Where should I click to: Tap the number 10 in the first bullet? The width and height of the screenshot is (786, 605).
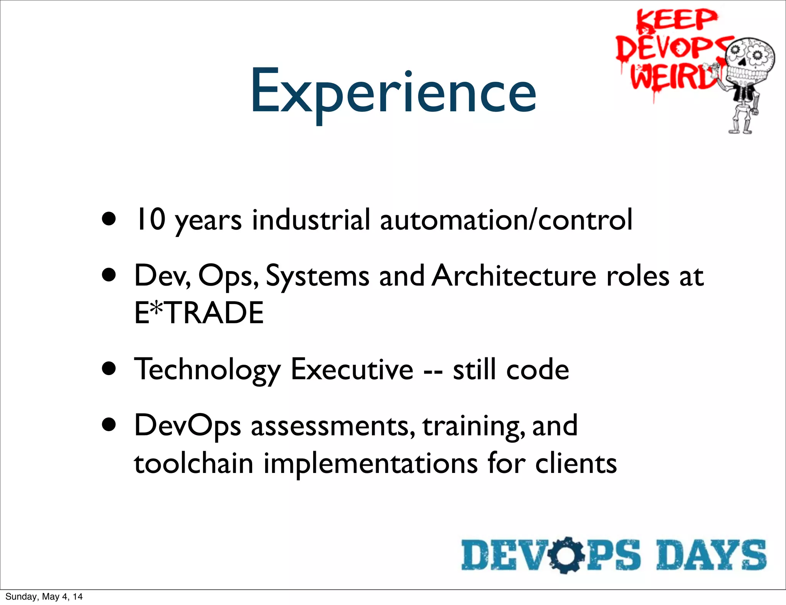(x=151, y=220)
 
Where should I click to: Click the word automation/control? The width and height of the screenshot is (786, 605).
(x=506, y=220)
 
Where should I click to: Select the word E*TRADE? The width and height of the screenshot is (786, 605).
(x=199, y=313)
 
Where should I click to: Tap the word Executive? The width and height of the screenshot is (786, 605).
(x=352, y=369)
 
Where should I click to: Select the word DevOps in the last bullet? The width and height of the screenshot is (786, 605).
(x=187, y=426)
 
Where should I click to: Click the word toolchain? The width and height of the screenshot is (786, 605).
(x=193, y=463)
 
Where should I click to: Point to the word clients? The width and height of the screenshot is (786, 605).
(x=576, y=463)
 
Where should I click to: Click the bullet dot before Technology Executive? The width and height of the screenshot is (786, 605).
(x=109, y=369)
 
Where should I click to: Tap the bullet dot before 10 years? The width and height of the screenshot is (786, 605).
(x=109, y=220)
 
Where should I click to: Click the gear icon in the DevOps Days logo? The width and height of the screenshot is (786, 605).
(x=566, y=555)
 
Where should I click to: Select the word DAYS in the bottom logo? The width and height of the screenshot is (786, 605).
(x=711, y=555)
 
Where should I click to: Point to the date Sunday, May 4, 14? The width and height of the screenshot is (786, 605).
(x=44, y=597)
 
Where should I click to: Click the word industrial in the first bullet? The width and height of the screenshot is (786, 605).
(x=311, y=220)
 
